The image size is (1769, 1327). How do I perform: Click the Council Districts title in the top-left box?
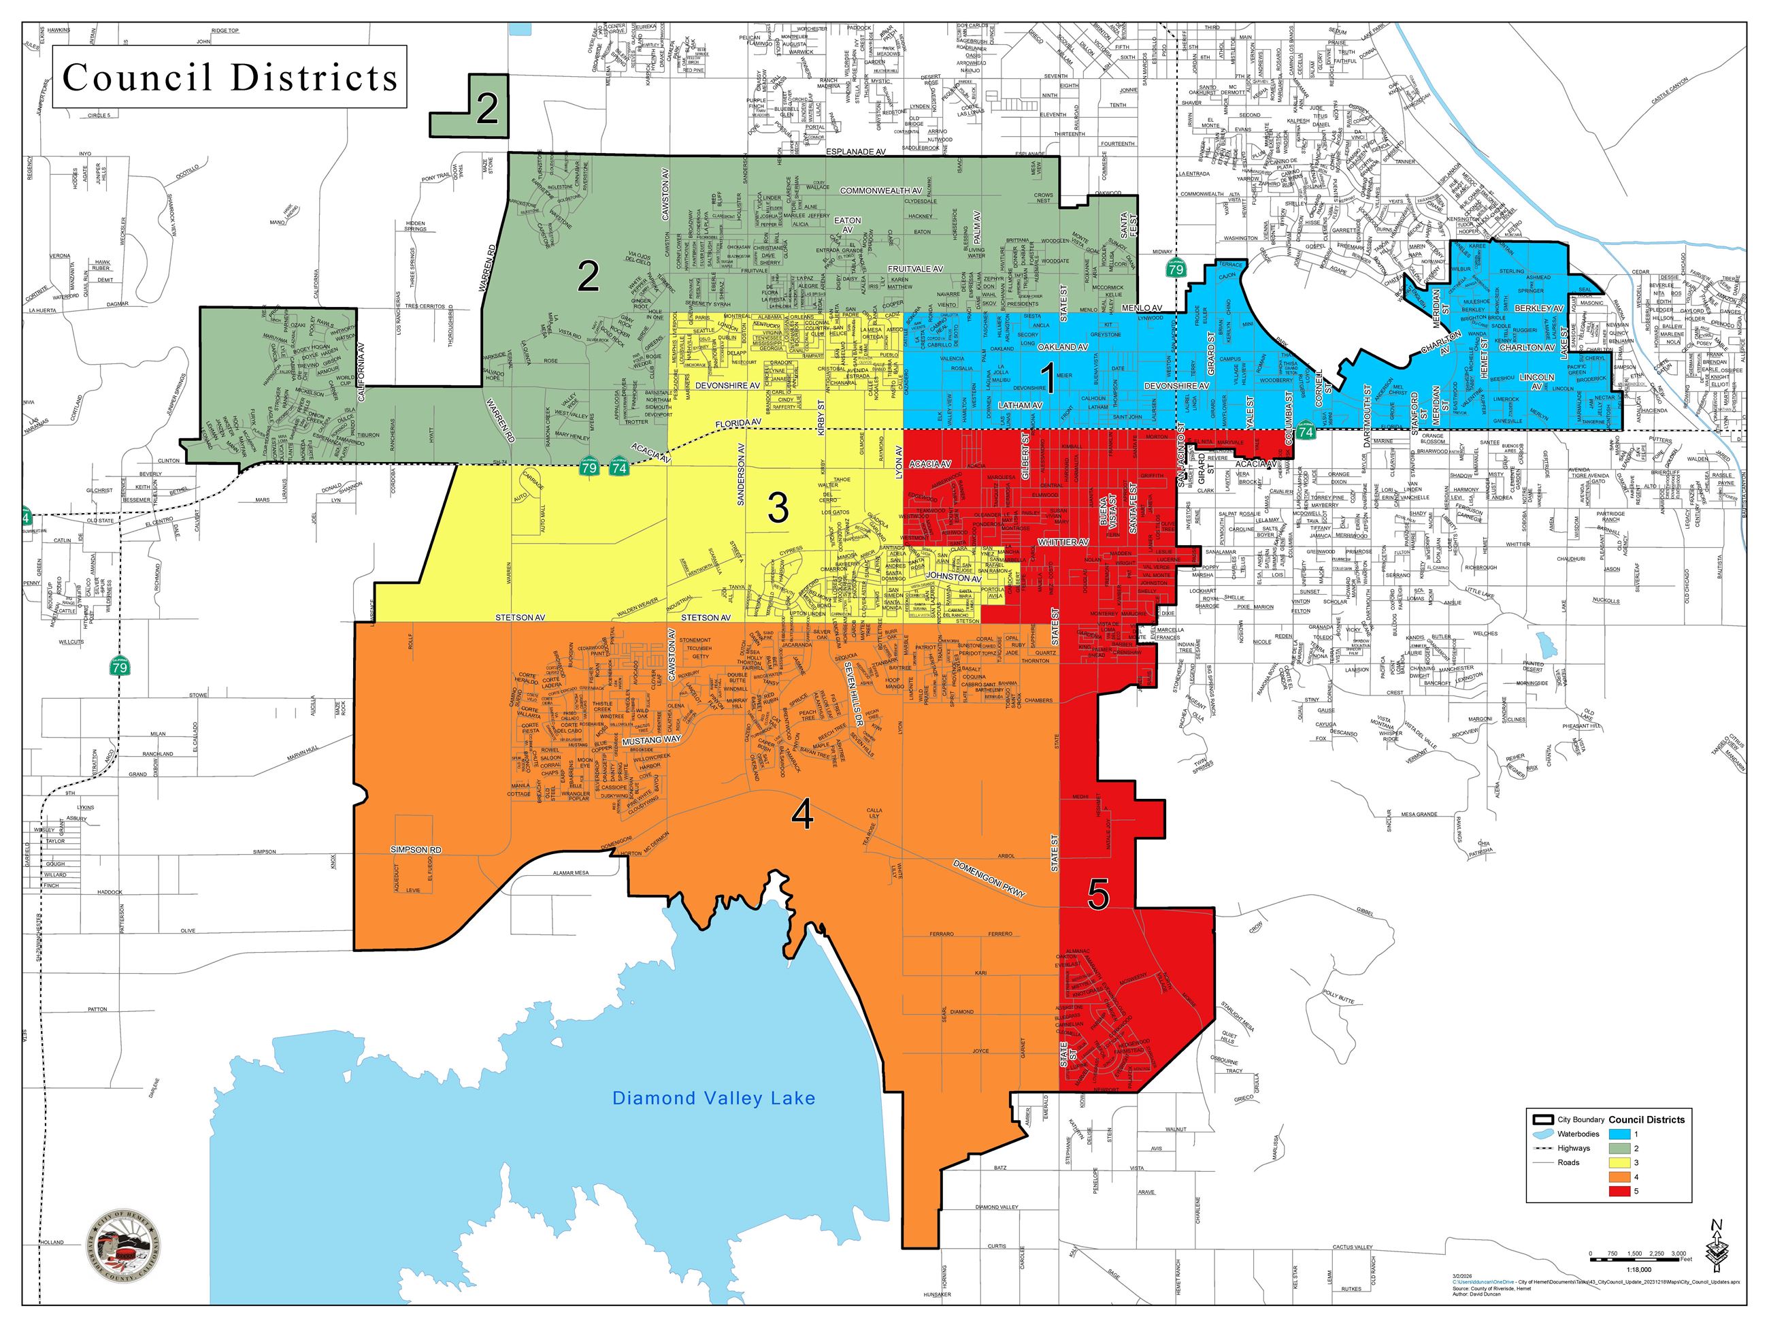[231, 78]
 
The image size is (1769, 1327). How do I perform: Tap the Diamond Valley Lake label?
[713, 1098]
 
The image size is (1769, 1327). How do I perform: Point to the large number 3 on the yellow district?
[777, 508]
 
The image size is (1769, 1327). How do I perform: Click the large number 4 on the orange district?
[802, 816]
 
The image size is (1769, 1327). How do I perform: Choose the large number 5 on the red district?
[1098, 897]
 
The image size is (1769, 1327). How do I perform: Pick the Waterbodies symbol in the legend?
[1542, 1134]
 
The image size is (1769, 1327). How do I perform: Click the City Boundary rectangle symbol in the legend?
[1542, 1119]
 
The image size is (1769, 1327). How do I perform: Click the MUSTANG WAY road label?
[651, 740]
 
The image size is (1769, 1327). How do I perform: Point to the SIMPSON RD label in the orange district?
[416, 849]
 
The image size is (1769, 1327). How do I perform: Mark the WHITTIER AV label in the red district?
[1063, 543]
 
